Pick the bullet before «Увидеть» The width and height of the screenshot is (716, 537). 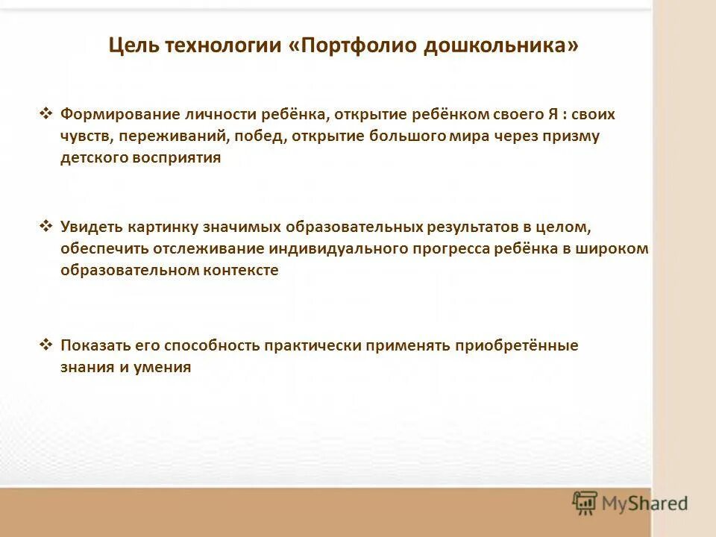45,226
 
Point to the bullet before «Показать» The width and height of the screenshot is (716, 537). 45,345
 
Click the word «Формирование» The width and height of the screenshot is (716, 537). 121,115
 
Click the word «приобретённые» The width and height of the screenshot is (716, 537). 518,345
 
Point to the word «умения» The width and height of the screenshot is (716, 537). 165,368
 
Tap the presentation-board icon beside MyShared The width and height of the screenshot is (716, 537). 585,503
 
